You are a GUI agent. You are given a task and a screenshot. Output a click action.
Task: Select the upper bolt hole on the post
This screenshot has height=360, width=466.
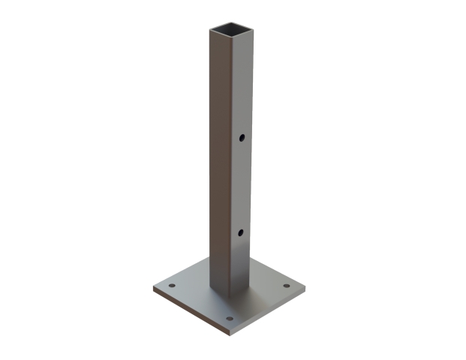click(242, 138)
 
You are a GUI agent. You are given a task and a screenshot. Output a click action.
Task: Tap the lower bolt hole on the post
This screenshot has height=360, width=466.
click(241, 232)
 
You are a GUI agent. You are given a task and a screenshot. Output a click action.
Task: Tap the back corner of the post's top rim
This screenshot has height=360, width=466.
click(230, 23)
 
